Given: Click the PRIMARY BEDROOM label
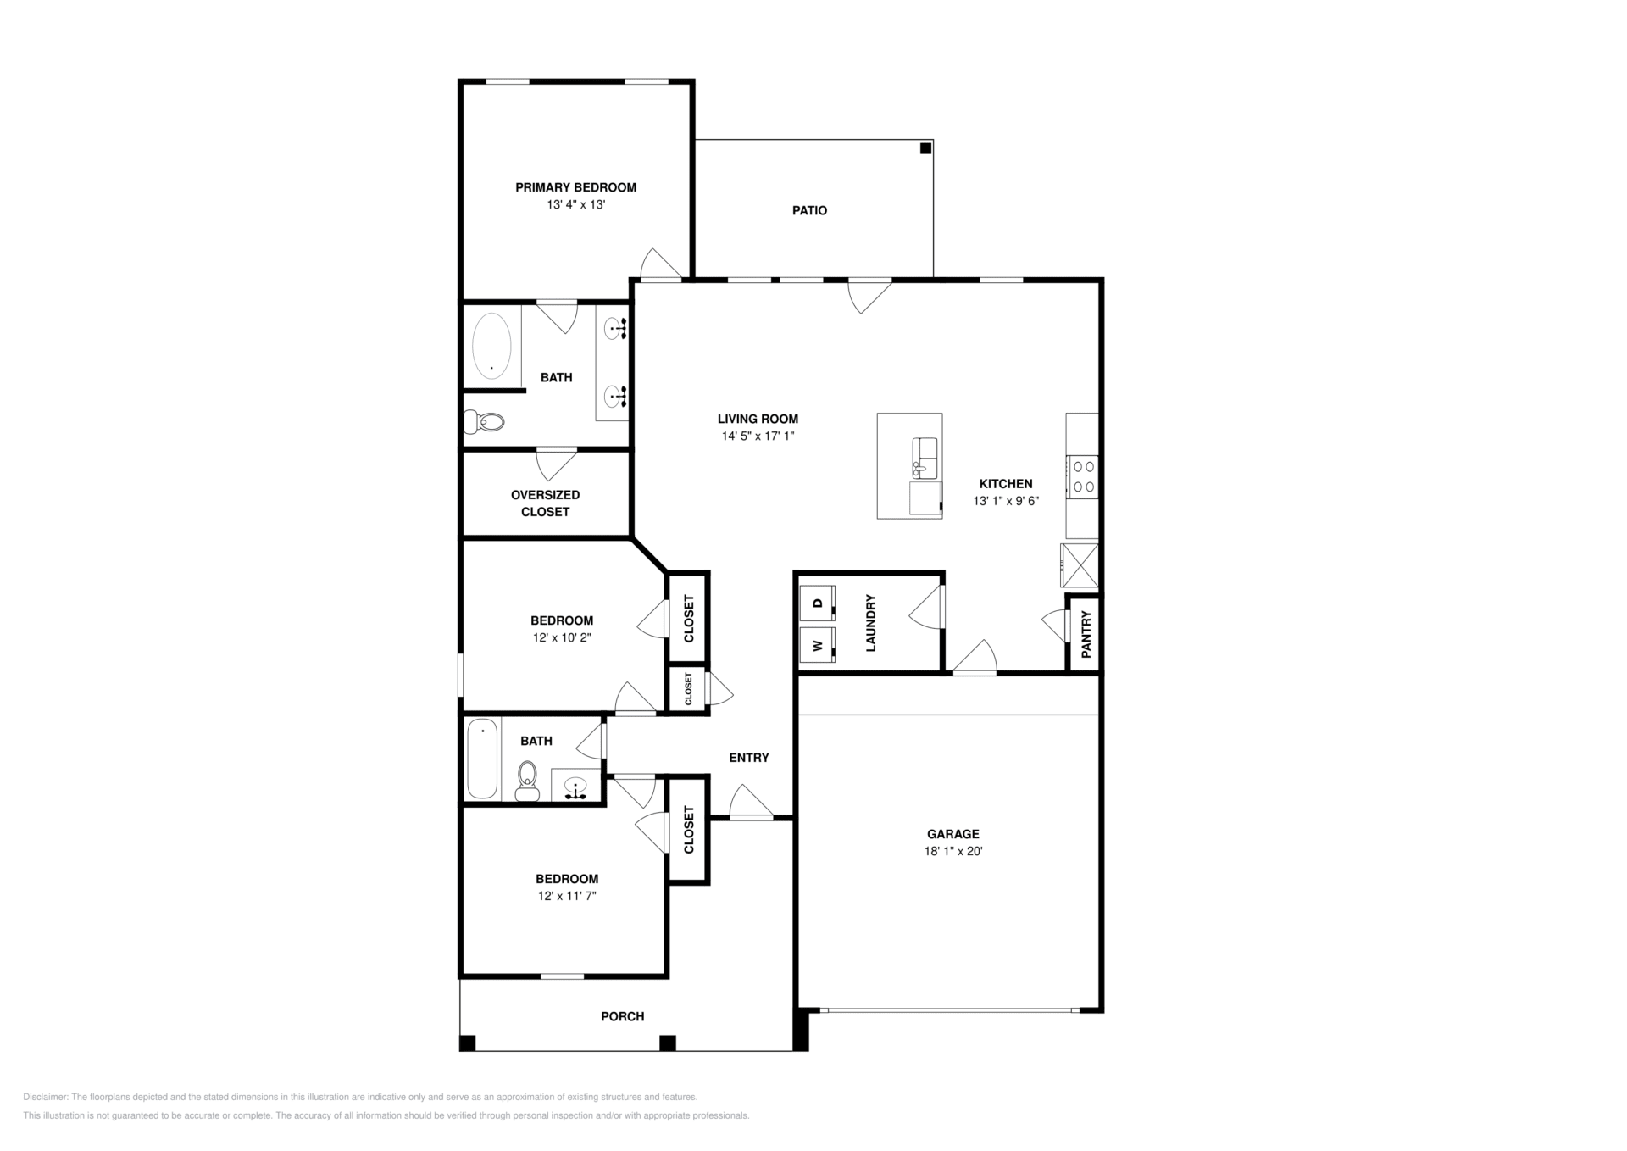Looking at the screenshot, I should [575, 187].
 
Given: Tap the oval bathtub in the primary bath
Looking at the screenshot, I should [491, 346].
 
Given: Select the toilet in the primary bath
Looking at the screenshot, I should [485, 421].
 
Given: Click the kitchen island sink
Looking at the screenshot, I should [925, 459].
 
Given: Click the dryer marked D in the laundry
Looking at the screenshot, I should [818, 603].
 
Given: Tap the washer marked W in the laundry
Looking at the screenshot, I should [818, 645].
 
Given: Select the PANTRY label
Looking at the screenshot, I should [1086, 634].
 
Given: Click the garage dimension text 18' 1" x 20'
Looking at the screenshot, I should [952, 851].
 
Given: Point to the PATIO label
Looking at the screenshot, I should [809, 210].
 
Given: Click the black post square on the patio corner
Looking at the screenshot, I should [925, 148].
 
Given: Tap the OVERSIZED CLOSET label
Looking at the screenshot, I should [545, 503].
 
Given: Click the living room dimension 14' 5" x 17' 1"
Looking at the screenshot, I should [758, 436].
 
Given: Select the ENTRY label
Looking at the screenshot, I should [749, 758].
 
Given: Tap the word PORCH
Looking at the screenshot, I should [622, 1016].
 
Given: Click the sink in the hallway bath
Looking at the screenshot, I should [576, 787].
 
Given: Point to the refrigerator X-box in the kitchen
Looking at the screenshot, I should [1080, 565].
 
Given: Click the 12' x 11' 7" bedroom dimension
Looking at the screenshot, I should [567, 896].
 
